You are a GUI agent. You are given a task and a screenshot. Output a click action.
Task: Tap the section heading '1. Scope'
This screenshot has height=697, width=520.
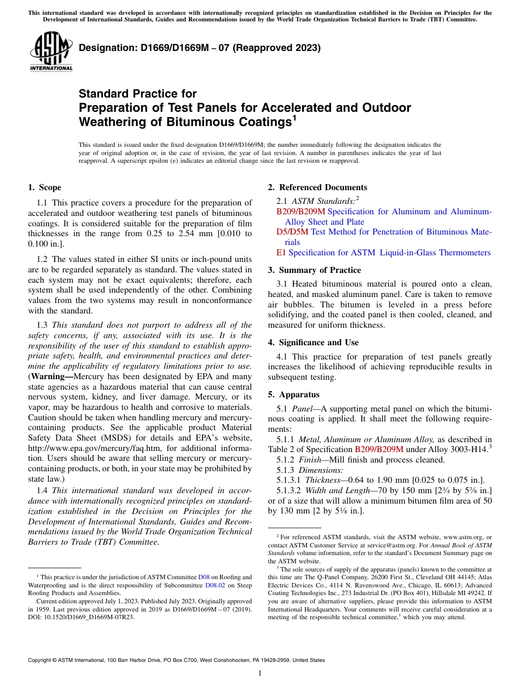pyautogui.click(x=44, y=187)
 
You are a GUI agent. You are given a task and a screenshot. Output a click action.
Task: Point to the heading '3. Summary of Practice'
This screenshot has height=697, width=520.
pyautogui.click(x=314, y=270)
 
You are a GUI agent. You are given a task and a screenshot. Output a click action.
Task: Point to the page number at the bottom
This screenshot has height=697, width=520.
pyautogui.click(x=260, y=673)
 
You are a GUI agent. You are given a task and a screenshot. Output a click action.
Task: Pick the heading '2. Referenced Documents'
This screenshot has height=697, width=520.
pyautogui.click(x=317, y=187)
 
